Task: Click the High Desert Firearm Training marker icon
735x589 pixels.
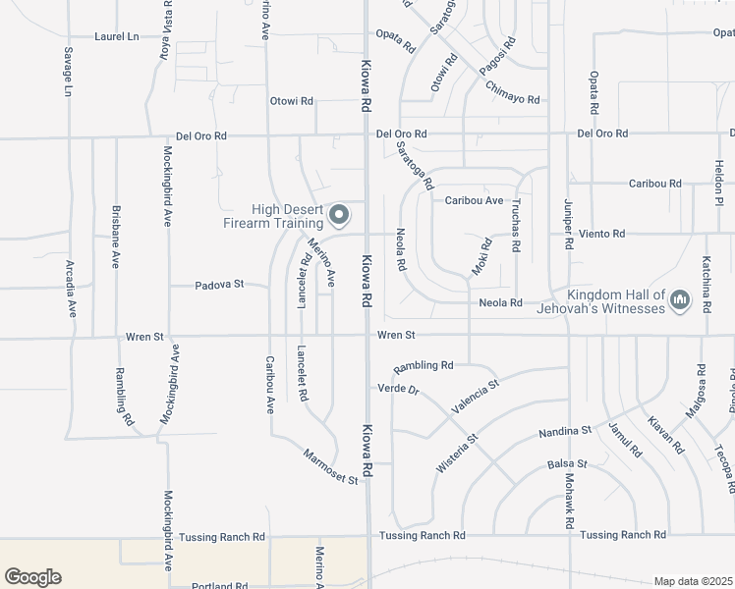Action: point(340,213)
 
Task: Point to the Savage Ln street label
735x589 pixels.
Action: point(69,72)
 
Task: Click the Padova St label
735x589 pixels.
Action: point(218,285)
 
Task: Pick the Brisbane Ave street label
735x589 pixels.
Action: point(116,250)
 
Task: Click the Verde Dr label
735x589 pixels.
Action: point(399,389)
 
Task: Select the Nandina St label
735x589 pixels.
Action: point(565,432)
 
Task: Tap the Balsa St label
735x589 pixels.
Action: point(567,463)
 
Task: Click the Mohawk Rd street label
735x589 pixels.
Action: point(569,502)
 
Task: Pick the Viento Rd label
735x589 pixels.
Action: point(604,234)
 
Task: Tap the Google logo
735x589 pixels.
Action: point(32,577)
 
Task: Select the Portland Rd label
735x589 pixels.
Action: point(220,585)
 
